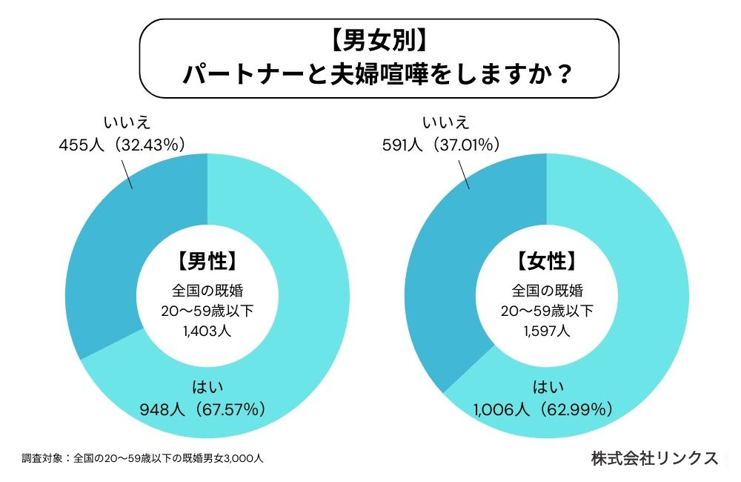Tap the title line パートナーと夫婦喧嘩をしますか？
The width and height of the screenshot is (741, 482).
[379, 75]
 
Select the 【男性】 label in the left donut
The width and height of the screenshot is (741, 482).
[207, 262]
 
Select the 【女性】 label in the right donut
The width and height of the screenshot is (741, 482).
[546, 262]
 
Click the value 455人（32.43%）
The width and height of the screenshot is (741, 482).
[122, 145]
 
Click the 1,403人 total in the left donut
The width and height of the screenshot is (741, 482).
[207, 331]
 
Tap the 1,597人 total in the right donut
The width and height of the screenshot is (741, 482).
[546, 331]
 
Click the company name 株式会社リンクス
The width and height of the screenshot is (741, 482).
[654, 458]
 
